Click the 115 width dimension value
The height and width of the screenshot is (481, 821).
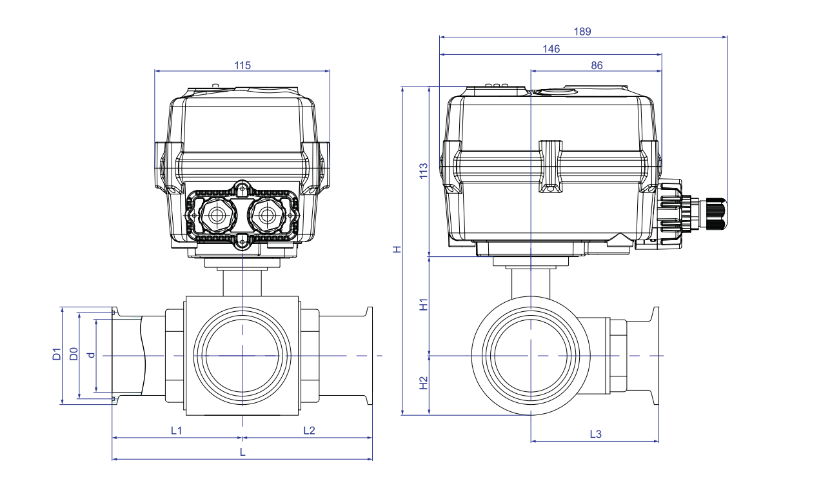[242, 65]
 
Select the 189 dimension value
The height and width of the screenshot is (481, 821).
[582, 32]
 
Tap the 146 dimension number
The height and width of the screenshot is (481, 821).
[551, 49]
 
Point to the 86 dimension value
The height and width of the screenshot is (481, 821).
[597, 65]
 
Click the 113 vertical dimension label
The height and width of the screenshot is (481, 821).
[423, 171]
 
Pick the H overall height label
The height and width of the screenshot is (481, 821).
[397, 249]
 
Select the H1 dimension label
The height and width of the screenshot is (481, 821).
[423, 305]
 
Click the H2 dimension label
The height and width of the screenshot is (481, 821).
[423, 383]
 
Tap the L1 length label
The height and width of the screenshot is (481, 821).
[176, 431]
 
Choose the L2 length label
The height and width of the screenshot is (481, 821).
[309, 431]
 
